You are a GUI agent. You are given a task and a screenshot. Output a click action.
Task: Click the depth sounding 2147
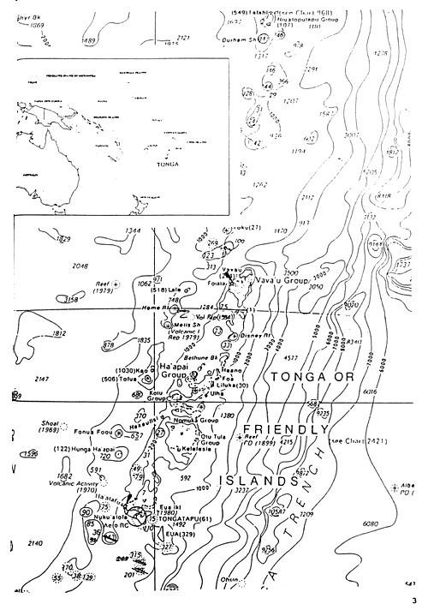coord(40,378)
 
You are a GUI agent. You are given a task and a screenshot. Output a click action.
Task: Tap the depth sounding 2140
coord(38,543)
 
